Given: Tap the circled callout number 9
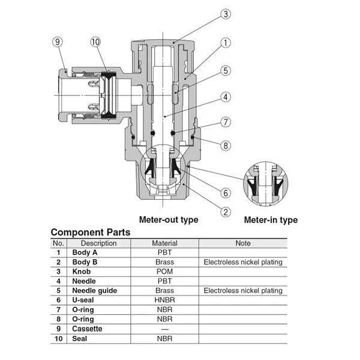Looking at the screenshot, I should coord(58,41).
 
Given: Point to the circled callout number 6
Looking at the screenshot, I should coord(226,193).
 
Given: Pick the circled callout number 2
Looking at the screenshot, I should coord(226,211).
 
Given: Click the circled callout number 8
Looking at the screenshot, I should coord(226,145).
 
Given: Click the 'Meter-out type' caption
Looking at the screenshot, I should coord(169,220).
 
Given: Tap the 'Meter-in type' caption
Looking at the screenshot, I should coord(271,220).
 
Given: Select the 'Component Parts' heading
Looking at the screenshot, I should coord(90,232).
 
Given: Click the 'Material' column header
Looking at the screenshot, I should coord(164,244).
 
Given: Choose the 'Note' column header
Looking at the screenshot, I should coord(243,244).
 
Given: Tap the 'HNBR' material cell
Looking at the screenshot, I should coord(164,300).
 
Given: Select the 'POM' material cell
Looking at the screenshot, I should coord(164,272).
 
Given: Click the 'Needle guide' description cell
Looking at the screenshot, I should coord(94,290).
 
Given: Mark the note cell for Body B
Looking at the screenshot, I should coord(243,262).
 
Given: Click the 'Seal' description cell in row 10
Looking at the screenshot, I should coord(81,338).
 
